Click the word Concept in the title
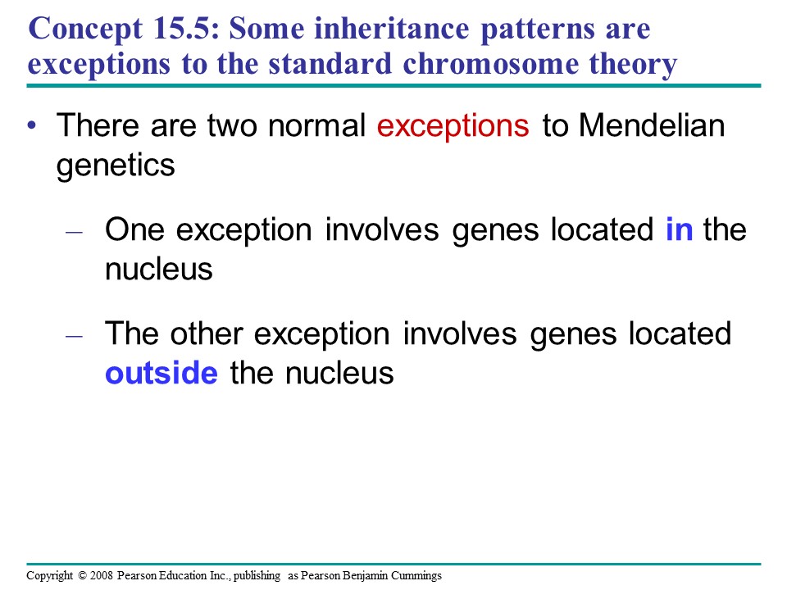click(86, 29)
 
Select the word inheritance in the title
click(392, 28)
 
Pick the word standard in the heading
click(330, 64)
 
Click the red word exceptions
click(453, 126)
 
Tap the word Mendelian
click(652, 125)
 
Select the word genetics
click(116, 166)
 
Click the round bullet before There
click(33, 125)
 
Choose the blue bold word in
click(679, 229)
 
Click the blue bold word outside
click(161, 374)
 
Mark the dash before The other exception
click(74, 336)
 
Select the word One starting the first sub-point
click(134, 229)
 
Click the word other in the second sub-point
click(207, 334)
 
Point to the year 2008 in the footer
click(102, 575)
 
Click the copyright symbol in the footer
click(82, 575)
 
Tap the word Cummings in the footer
click(416, 576)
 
